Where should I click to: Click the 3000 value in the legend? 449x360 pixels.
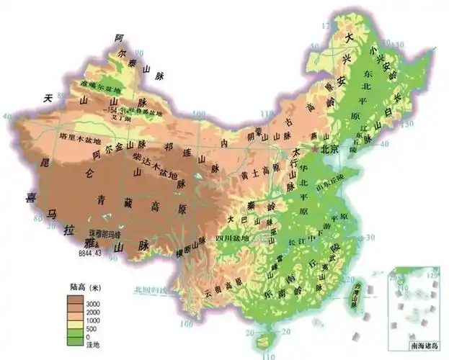93,305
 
